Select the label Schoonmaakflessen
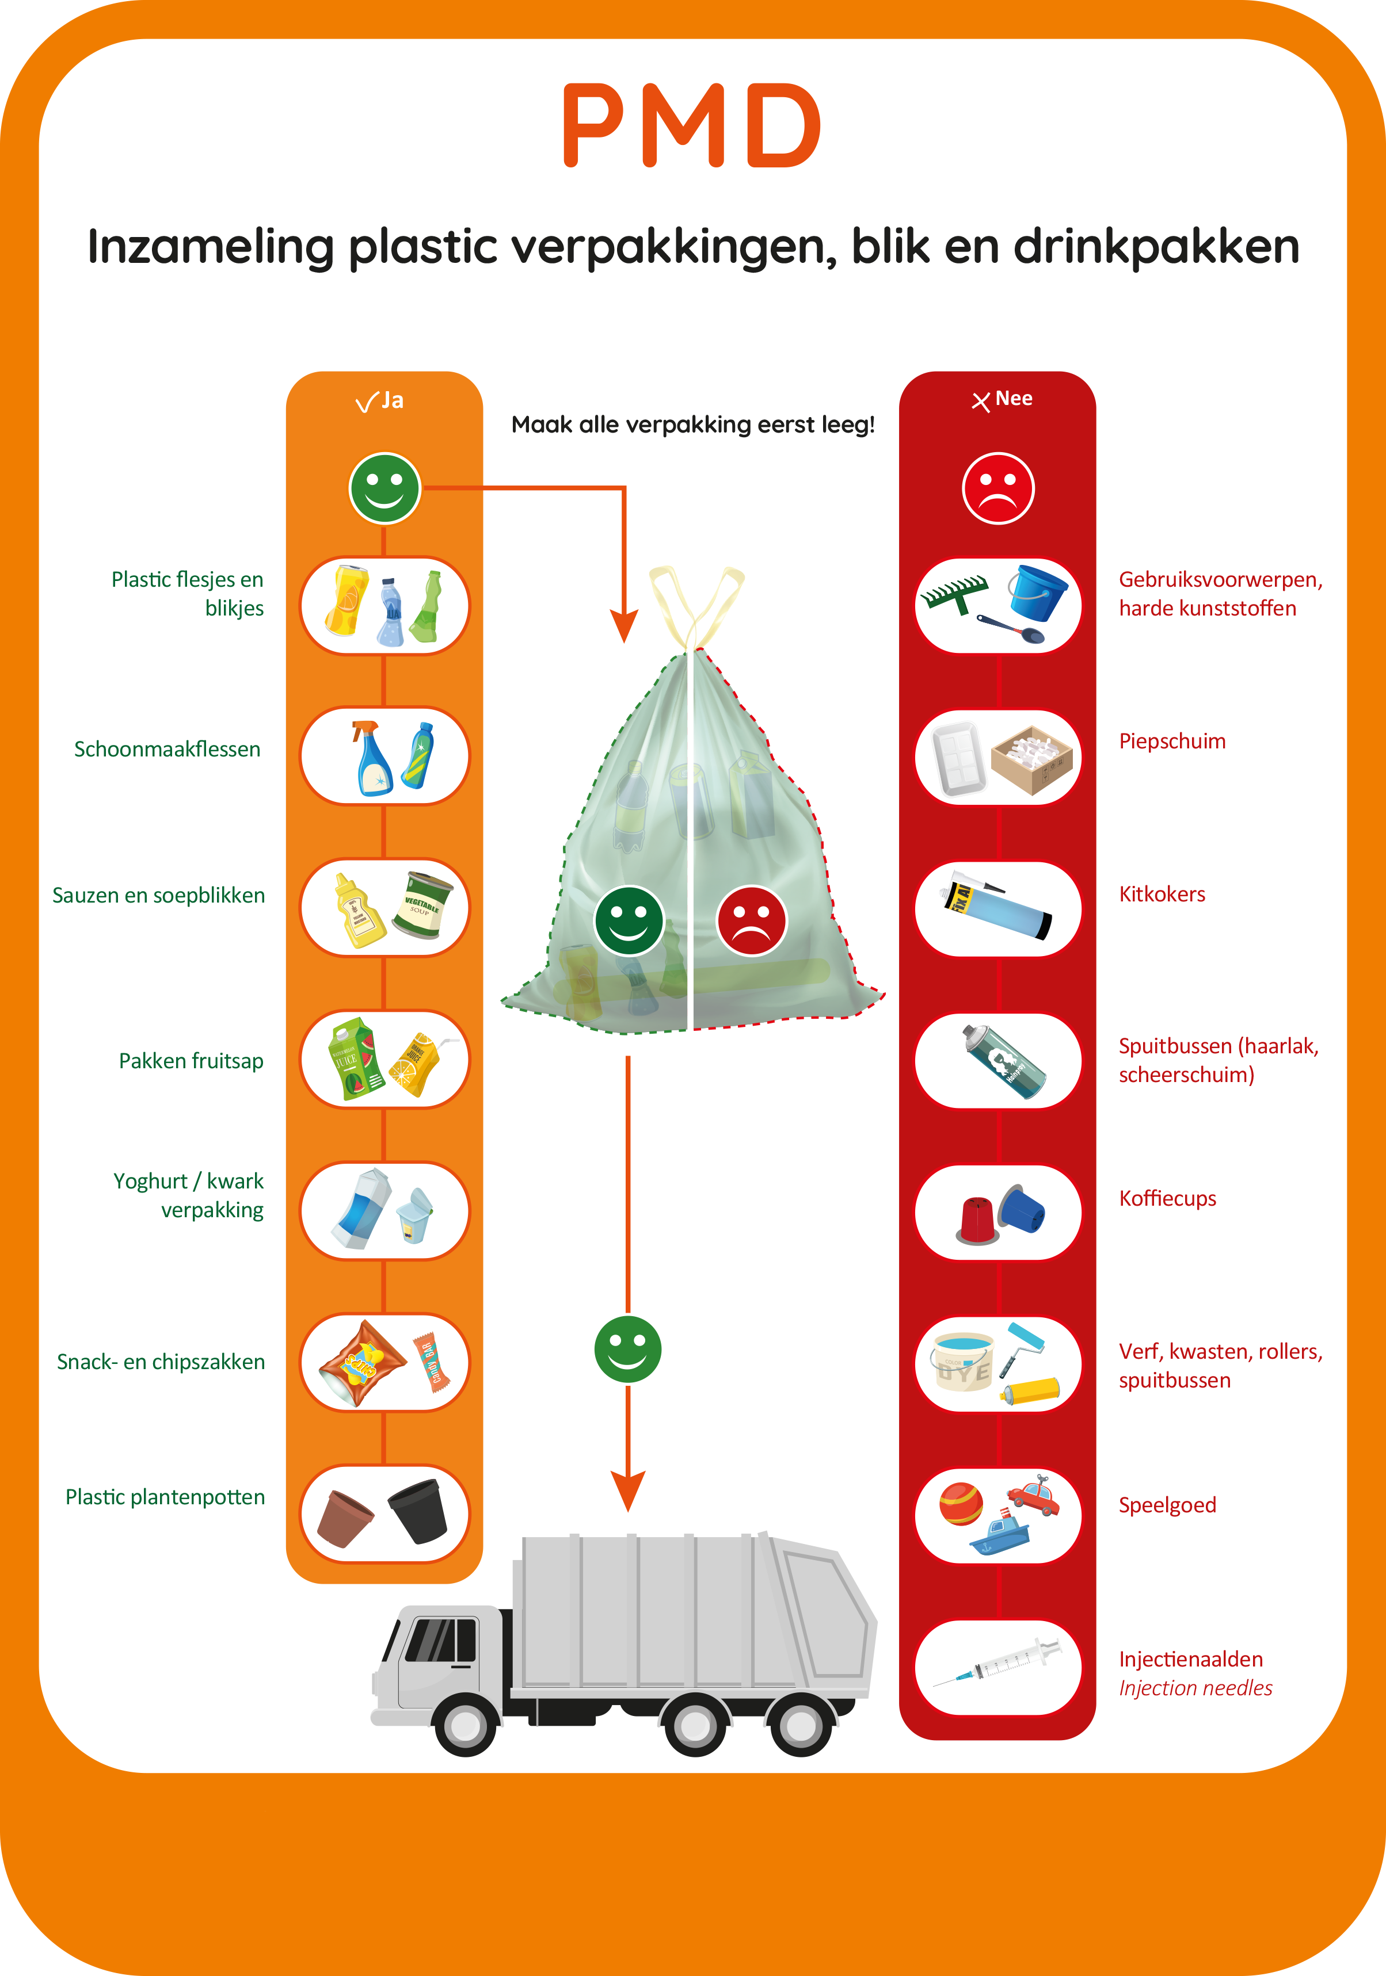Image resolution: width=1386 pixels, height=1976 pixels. (167, 750)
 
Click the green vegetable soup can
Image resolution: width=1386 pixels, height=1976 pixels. (422, 905)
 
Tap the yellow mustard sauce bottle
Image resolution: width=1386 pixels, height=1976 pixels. (360, 911)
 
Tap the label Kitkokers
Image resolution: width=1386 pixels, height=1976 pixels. (1162, 894)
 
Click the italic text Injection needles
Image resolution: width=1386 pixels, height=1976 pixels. (1195, 1688)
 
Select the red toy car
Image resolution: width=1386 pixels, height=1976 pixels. (1034, 1499)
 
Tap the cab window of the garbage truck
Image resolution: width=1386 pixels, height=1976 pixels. (441, 1639)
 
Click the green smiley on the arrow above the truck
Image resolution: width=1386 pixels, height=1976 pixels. (627, 1348)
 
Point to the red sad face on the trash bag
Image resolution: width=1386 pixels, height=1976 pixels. (752, 921)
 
